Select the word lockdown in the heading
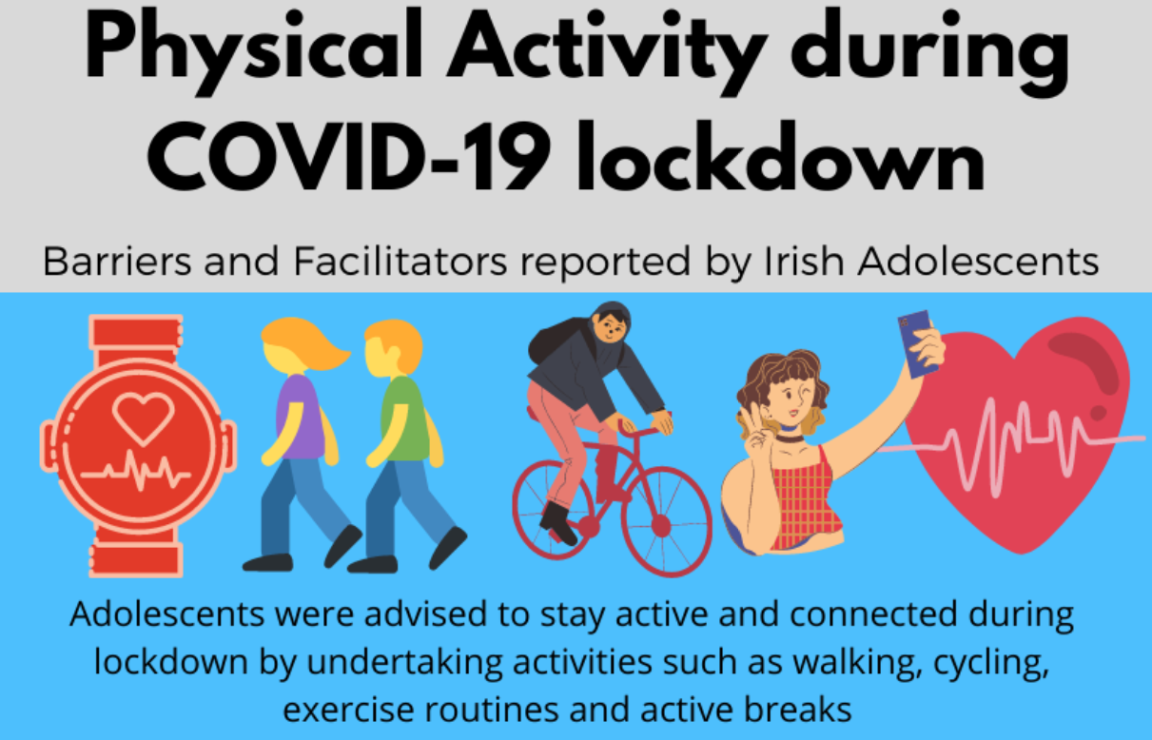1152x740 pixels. click(781, 156)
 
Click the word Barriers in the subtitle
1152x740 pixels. click(117, 262)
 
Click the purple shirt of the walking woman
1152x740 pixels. click(301, 417)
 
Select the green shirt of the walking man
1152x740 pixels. click(405, 418)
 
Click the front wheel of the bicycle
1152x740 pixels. click(667, 521)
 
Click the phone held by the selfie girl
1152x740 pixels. click(915, 343)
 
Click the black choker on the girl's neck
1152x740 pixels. click(791, 438)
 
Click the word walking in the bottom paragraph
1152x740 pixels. click(856, 662)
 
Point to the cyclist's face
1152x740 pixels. click(611, 326)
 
